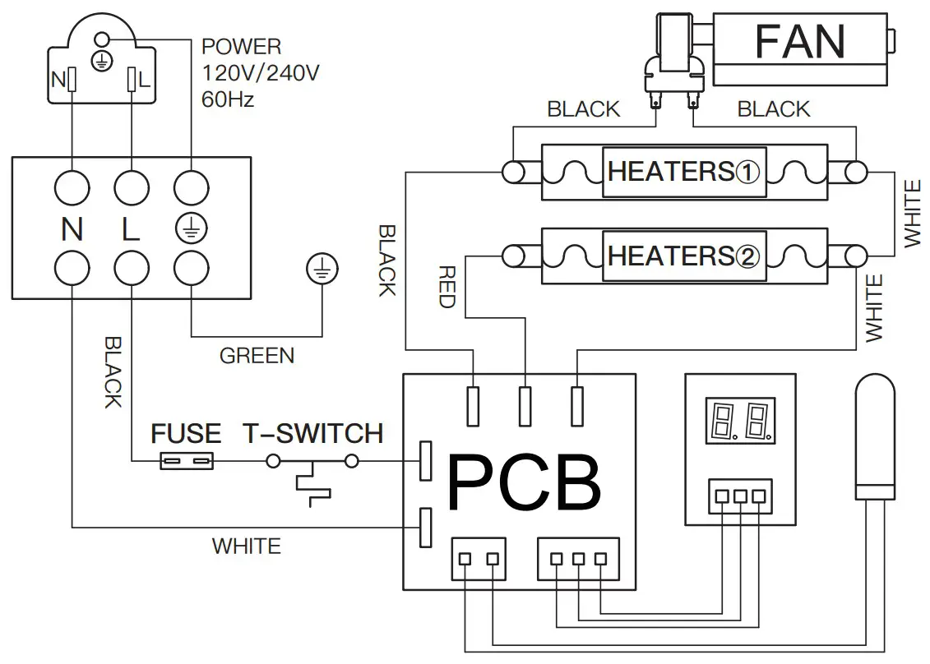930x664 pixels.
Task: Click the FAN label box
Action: (800, 41)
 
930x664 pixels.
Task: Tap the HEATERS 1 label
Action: (683, 172)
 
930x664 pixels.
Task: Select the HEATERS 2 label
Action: (683, 256)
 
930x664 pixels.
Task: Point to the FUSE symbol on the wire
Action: (187, 462)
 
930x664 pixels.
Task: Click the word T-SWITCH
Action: (312, 433)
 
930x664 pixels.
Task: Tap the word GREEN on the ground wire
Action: (257, 356)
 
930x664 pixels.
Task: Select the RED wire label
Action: (446, 286)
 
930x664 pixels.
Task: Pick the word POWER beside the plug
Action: (241, 46)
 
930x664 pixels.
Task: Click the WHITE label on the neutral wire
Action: (246, 546)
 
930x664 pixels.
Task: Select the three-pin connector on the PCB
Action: (578, 559)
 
